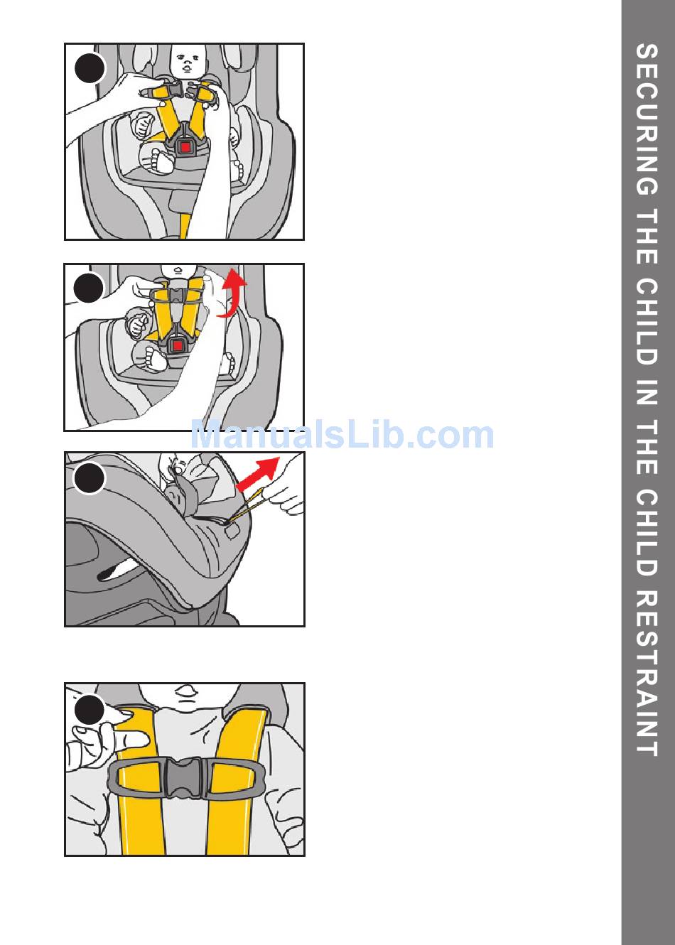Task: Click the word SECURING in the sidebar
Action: [647, 119]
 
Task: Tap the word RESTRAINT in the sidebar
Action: [647, 674]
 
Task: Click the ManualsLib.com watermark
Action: [342, 435]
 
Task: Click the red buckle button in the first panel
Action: [185, 147]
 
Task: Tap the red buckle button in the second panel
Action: [178, 346]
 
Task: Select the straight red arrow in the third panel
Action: [258, 474]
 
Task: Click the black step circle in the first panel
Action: [90, 68]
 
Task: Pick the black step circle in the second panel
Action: [89, 288]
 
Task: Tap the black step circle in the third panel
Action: [89, 478]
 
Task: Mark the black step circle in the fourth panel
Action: [90, 710]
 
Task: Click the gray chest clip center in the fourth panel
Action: [184, 778]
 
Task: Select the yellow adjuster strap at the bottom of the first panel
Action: [184, 226]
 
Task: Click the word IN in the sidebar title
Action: [647, 393]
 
